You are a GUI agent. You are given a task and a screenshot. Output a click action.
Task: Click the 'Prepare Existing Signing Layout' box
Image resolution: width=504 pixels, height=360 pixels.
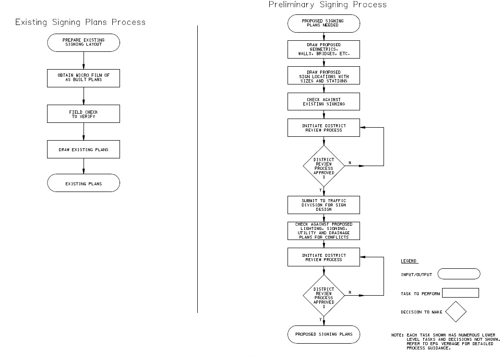point(84,42)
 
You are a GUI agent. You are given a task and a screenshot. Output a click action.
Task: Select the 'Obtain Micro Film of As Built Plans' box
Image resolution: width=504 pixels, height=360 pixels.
point(84,77)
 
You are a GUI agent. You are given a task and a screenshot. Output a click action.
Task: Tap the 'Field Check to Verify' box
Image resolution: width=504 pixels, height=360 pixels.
point(84,113)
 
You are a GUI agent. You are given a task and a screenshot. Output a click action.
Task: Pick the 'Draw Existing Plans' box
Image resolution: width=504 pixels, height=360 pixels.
point(84,149)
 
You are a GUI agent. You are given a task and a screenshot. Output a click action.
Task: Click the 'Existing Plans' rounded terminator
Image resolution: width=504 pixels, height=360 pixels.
point(84,183)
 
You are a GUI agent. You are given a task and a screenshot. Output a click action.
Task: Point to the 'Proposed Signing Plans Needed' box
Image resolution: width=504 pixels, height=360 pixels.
point(324,24)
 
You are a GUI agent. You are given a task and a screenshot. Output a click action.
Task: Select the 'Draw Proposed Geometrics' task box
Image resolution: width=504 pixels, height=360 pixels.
point(324,49)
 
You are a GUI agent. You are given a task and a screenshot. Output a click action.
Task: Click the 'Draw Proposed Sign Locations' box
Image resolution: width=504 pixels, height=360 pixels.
point(324,76)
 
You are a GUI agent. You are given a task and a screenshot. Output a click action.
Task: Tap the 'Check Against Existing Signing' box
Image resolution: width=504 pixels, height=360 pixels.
point(324,101)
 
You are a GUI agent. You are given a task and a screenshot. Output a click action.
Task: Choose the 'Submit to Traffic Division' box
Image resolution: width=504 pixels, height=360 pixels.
point(324,204)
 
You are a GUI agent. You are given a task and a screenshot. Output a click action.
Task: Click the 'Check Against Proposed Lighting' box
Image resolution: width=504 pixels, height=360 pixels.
point(324,230)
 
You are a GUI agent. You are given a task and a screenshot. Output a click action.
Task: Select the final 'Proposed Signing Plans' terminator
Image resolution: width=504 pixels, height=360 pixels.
point(324,334)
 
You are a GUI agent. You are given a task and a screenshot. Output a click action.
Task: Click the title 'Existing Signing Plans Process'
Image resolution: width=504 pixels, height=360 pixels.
point(81,22)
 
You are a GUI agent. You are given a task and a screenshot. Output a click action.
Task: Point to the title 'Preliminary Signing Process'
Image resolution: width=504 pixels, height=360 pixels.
point(327,5)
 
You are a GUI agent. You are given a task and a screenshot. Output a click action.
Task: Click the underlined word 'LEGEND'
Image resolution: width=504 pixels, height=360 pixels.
point(408,261)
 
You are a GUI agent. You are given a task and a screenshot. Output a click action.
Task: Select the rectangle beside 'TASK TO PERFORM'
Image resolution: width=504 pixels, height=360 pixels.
point(460,293)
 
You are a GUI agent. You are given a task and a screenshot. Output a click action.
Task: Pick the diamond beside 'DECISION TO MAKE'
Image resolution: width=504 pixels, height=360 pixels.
point(456,312)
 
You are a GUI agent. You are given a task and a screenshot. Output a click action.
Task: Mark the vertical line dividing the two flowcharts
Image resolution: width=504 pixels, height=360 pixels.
point(198,168)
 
